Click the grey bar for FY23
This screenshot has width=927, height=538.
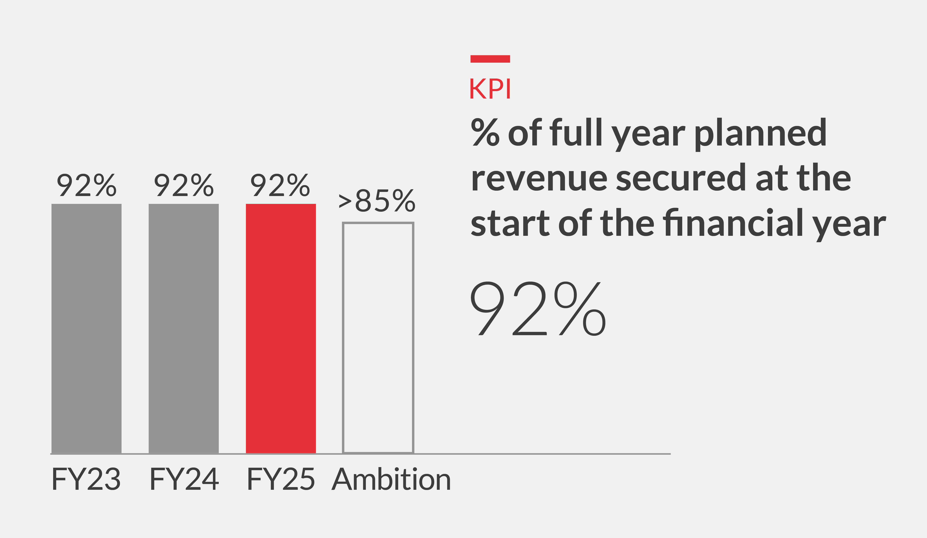pyautogui.click(x=87, y=328)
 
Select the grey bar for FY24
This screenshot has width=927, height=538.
pyautogui.click(x=184, y=328)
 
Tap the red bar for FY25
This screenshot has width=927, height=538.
pyautogui.click(x=281, y=328)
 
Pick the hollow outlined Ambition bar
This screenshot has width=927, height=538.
pyautogui.click(x=378, y=337)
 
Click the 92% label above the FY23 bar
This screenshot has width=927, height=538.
pyautogui.click(x=87, y=185)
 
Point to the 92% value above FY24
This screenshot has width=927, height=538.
pyautogui.click(x=184, y=185)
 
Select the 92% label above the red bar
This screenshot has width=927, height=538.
pyautogui.click(x=280, y=185)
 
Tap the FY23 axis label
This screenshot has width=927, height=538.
pyautogui.click(x=86, y=479)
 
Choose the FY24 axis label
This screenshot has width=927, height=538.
pyautogui.click(x=184, y=479)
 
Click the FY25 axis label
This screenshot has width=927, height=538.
pyautogui.click(x=281, y=479)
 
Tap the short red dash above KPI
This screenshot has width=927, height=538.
pyautogui.click(x=490, y=59)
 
